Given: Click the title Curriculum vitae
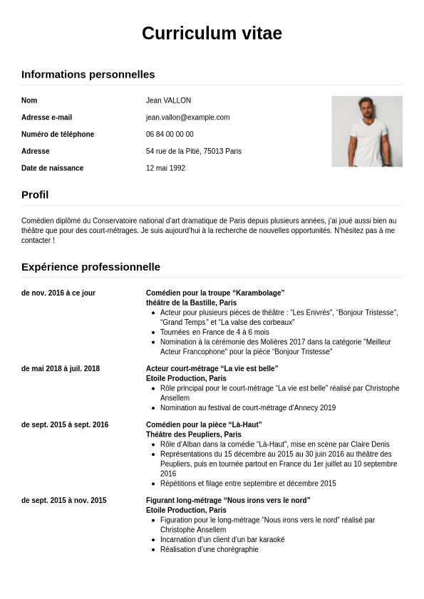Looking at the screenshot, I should [x=212, y=33].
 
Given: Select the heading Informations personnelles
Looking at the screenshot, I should [x=88, y=74].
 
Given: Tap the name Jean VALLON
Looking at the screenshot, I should [x=168, y=100].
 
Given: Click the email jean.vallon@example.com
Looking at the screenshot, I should [x=187, y=118].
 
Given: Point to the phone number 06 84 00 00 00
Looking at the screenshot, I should [x=170, y=135].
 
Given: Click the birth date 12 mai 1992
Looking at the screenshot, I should [x=165, y=168].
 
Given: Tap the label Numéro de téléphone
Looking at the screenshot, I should [x=58, y=135].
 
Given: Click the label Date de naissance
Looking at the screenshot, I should [x=52, y=168].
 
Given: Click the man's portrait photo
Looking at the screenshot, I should [x=366, y=131].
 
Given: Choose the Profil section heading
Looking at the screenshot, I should [x=35, y=194].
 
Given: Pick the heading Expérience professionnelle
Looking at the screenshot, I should [x=91, y=267].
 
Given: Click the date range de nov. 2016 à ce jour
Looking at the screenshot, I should [x=58, y=293].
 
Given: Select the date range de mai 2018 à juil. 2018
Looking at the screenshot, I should [x=61, y=368].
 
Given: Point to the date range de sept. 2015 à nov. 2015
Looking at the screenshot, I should [x=63, y=500].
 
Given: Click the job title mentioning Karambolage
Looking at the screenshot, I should [x=215, y=293].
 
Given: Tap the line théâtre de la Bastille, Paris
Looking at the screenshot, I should [x=191, y=303].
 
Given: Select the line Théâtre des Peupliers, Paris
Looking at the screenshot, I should [x=193, y=434].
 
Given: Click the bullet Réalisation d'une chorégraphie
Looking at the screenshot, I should [x=209, y=549].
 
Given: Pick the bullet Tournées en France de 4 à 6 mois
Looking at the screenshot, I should [x=214, y=332].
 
